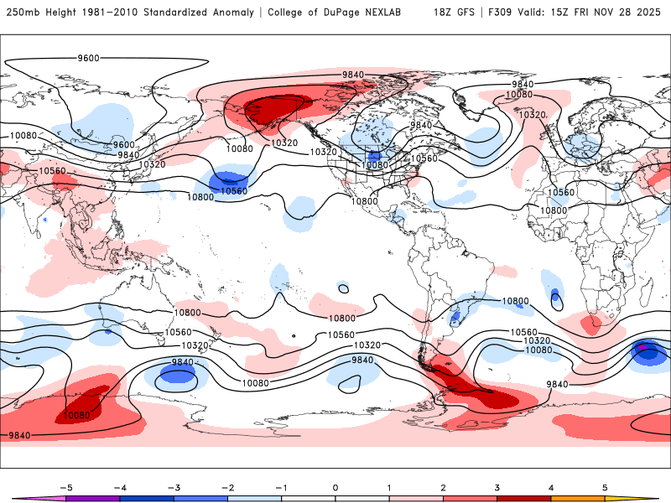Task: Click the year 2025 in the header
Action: (649, 13)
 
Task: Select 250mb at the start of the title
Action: (23, 13)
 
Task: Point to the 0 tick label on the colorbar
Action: (335, 486)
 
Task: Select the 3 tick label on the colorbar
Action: (497, 486)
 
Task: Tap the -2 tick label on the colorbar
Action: (227, 486)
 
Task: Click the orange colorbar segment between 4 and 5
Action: (578, 498)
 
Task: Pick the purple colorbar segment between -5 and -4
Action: (93, 498)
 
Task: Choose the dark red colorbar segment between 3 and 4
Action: (524, 498)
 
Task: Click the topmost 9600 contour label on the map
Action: (88, 58)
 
